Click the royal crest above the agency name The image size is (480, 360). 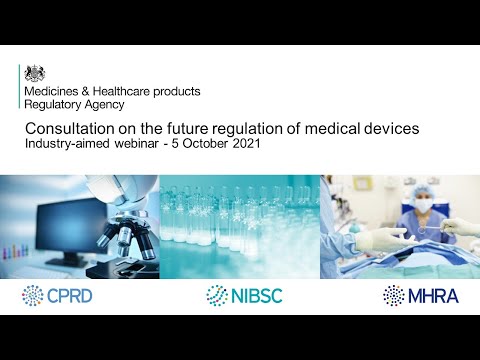pyautogui.click(x=35, y=72)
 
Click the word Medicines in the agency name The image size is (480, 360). pyautogui.click(x=52, y=91)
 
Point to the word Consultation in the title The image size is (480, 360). pyautogui.click(x=66, y=130)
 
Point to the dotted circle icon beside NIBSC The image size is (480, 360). pyautogui.click(x=216, y=295)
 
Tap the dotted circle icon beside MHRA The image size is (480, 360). pyautogui.click(x=394, y=295)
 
